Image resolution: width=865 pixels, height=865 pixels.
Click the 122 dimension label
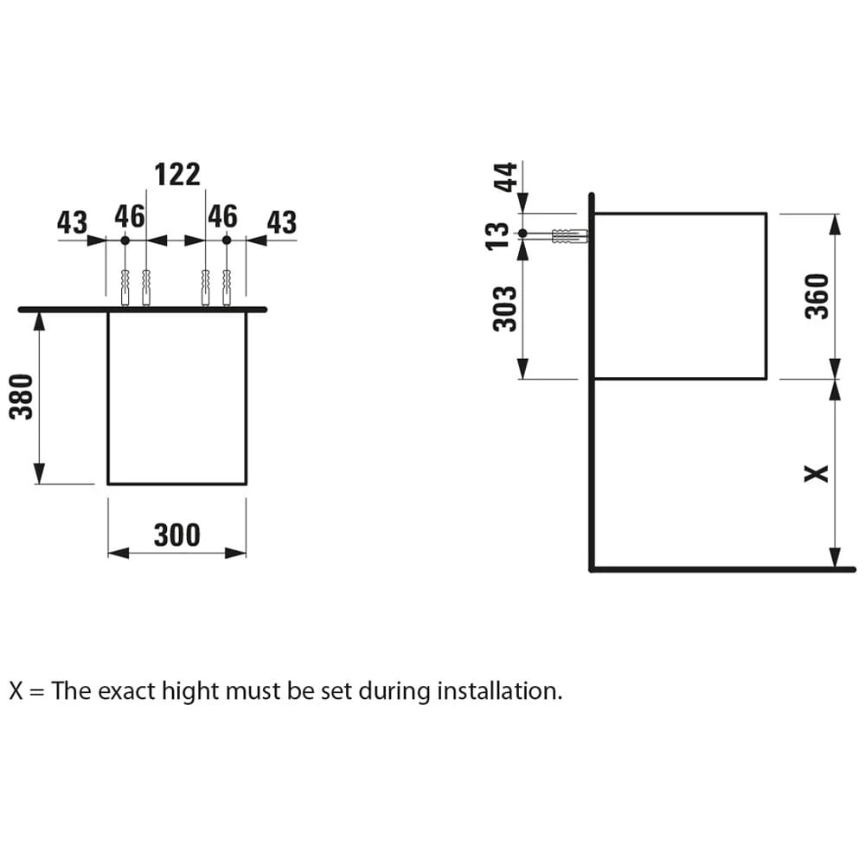177,175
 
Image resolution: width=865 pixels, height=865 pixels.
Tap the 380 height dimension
22,396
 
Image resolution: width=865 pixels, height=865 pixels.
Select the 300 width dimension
176,535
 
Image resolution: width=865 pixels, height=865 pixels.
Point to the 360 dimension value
817,295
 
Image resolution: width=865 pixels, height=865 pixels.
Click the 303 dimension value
505,308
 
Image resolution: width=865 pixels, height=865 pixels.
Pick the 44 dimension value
505,177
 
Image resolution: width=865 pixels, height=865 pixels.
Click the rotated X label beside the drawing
816,473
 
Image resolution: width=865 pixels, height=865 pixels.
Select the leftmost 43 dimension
73,223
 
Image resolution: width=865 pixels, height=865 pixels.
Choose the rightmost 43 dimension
281,223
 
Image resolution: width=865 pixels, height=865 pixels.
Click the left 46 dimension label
130,216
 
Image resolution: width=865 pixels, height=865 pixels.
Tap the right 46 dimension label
222,216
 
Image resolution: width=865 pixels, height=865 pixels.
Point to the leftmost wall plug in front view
125,287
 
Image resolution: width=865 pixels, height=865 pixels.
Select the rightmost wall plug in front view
227,287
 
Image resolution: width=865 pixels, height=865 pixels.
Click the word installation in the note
499,691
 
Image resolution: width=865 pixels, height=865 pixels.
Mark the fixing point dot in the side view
522,234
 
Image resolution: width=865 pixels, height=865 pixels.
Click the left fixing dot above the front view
125,240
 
